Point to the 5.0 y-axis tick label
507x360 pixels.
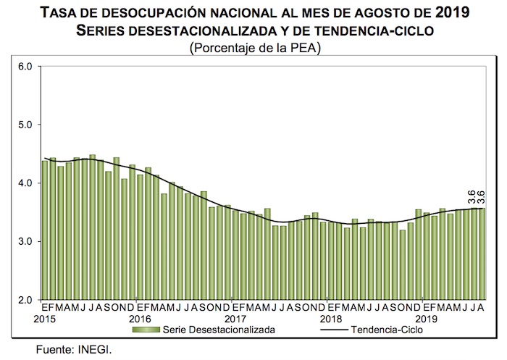click(25, 125)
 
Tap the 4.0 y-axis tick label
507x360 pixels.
click(25, 183)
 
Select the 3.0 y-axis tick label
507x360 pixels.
click(25, 241)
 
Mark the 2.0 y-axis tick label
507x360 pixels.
click(25, 300)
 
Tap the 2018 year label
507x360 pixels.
click(331, 319)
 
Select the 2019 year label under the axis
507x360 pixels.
click(426, 319)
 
